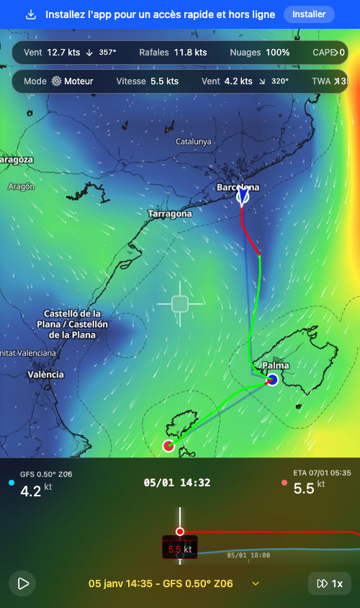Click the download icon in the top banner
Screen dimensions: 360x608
[x=31, y=14]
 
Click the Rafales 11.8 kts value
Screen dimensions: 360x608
[x=191, y=53]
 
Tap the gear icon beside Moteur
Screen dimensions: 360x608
[x=57, y=81]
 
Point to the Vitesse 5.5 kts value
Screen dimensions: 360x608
[x=164, y=81]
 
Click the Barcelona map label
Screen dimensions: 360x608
[x=238, y=187]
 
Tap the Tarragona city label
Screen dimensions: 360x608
[x=170, y=214]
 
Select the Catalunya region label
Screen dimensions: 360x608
[x=194, y=142]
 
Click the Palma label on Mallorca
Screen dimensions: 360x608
[x=276, y=366]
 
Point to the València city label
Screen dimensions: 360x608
[x=45, y=375]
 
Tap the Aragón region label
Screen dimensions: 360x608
[x=21, y=187]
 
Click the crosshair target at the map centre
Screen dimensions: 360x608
[x=180, y=304]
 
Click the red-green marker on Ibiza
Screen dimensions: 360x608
[x=168, y=446]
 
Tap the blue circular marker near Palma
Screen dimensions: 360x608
[x=272, y=380]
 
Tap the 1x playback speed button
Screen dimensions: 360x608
[x=330, y=584]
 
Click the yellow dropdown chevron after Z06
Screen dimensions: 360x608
[x=256, y=584]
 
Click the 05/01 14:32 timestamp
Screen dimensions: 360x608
[x=177, y=483]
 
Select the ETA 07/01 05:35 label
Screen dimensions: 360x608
[x=322, y=473]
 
